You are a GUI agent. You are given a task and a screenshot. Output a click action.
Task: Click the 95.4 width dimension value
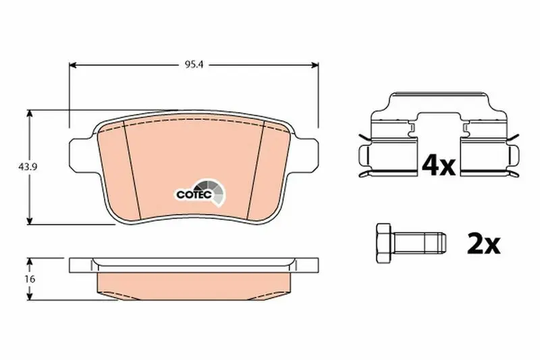coord(194,65)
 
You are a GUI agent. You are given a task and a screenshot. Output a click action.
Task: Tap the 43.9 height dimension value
coord(28,167)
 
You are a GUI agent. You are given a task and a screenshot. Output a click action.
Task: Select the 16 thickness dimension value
coord(30,279)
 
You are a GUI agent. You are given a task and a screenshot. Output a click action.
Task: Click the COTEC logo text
coord(194,195)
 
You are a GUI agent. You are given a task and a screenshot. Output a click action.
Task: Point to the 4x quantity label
coord(439,165)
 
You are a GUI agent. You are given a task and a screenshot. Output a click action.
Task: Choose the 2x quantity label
coord(483,244)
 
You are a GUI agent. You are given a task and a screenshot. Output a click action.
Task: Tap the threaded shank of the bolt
coord(418,242)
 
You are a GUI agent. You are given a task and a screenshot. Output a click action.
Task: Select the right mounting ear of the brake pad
coord(306,155)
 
